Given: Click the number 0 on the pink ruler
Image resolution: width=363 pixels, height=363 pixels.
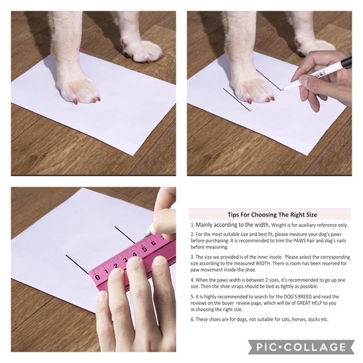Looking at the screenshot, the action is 98,277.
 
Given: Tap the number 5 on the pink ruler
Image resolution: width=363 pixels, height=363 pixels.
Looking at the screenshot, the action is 145,249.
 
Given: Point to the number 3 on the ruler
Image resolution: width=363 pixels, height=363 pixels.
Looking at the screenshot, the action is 125,260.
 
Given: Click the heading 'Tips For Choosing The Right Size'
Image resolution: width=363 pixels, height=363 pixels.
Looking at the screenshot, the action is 272,215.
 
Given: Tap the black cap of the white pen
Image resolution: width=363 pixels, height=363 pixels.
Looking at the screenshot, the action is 346,62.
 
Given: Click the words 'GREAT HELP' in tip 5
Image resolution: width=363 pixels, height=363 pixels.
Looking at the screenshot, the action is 309,303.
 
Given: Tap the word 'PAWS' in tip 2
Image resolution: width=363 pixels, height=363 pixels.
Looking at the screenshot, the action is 300,240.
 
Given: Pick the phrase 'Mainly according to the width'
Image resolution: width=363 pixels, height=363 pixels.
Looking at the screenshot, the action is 232,225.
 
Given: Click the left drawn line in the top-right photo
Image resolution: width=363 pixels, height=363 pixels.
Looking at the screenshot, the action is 237,100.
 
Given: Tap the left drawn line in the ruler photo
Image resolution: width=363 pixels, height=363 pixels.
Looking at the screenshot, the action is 77,264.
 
